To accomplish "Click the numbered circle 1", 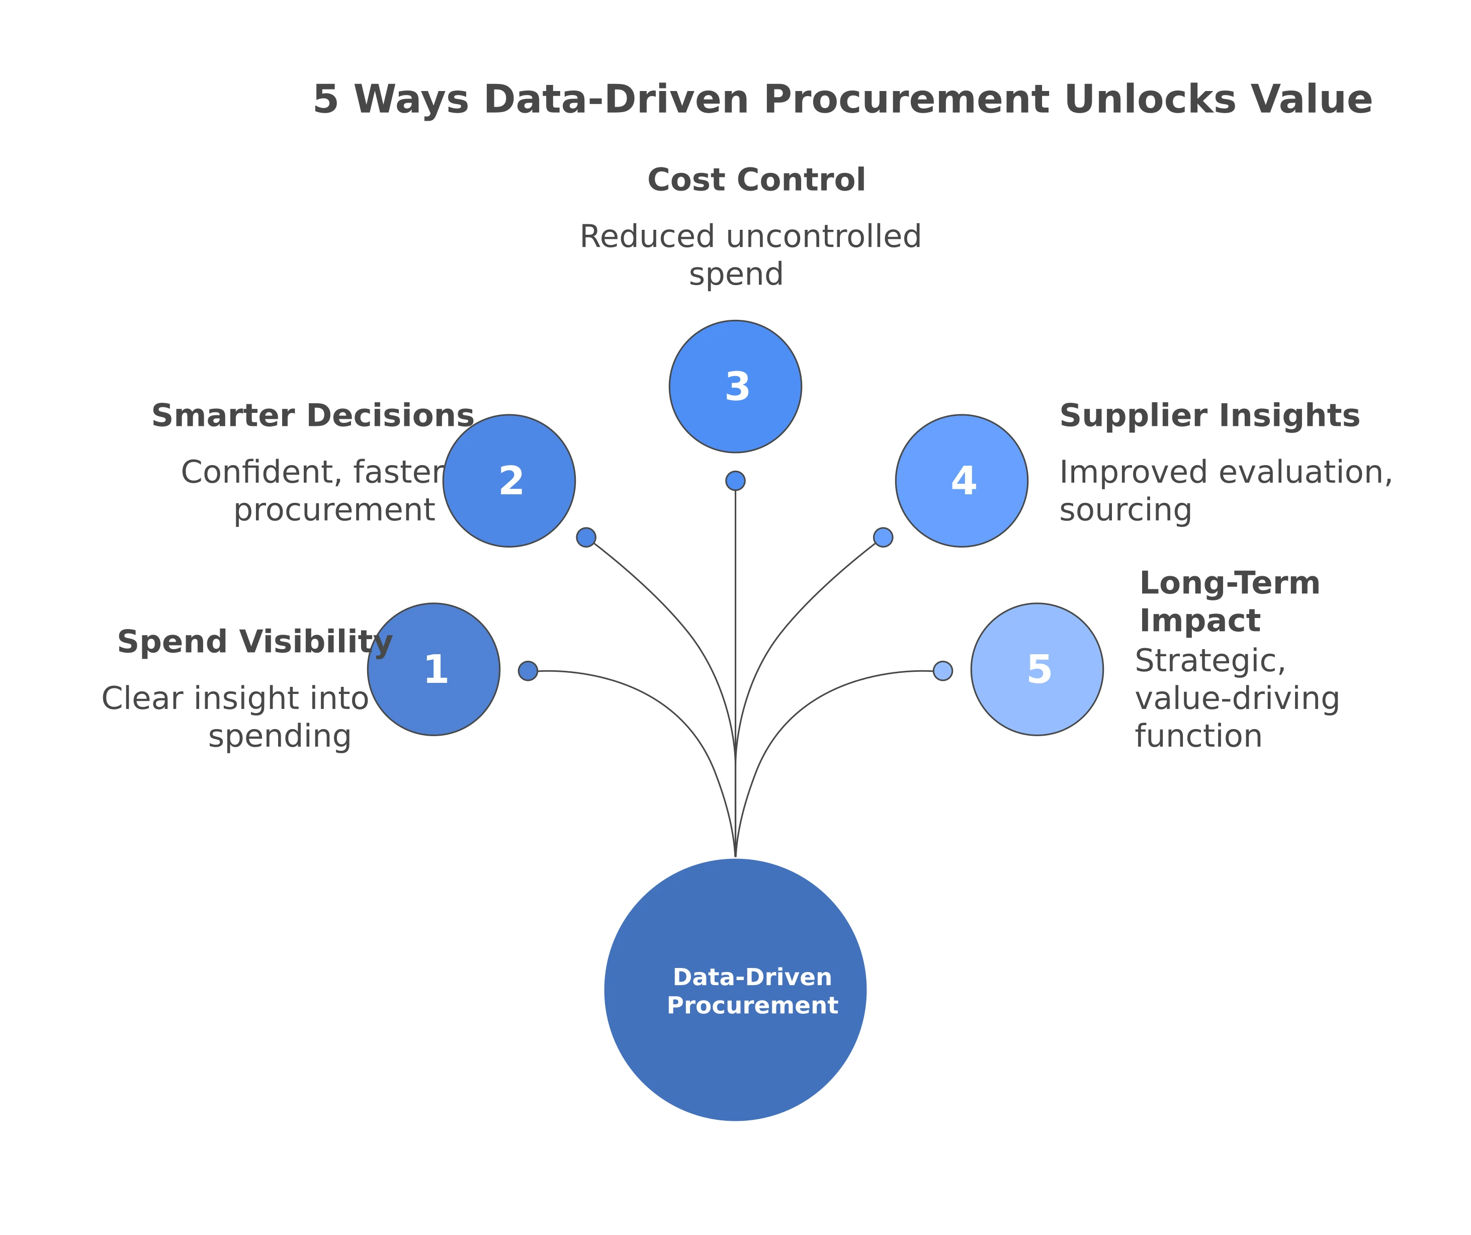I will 435,669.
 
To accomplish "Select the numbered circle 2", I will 510,481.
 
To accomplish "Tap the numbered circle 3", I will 735,386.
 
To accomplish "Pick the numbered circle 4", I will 963,481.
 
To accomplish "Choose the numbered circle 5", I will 1037,669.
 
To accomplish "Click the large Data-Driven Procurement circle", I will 735,990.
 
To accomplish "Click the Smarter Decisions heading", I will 314,415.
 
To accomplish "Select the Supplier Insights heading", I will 1208,415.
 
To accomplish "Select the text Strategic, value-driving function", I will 1236,698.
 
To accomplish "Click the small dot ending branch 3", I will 735,481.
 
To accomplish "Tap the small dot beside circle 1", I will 528,671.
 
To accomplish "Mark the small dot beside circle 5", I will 943,671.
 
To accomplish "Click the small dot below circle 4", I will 883,537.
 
